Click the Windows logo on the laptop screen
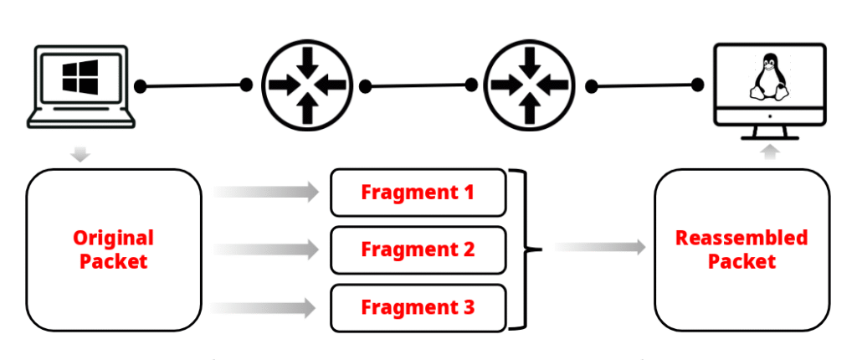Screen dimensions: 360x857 (80, 79)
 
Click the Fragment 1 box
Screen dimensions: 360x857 (418, 193)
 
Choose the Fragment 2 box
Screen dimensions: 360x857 (418, 249)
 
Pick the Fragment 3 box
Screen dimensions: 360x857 (418, 307)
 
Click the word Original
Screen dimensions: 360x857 (113, 237)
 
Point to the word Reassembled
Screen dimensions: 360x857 (742, 237)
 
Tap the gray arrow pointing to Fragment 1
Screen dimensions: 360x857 (268, 193)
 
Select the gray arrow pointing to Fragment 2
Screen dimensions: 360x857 (268, 249)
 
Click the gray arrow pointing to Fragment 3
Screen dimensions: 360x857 (268, 307)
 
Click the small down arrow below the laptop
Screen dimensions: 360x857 (80, 153)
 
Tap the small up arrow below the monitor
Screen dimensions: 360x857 (772, 152)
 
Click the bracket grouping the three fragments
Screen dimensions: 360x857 (524, 249)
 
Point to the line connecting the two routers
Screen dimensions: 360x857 (418, 85)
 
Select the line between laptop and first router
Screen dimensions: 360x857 (193, 85)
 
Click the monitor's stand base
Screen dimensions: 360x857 (771, 136)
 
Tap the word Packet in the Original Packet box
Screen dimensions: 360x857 (113, 261)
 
